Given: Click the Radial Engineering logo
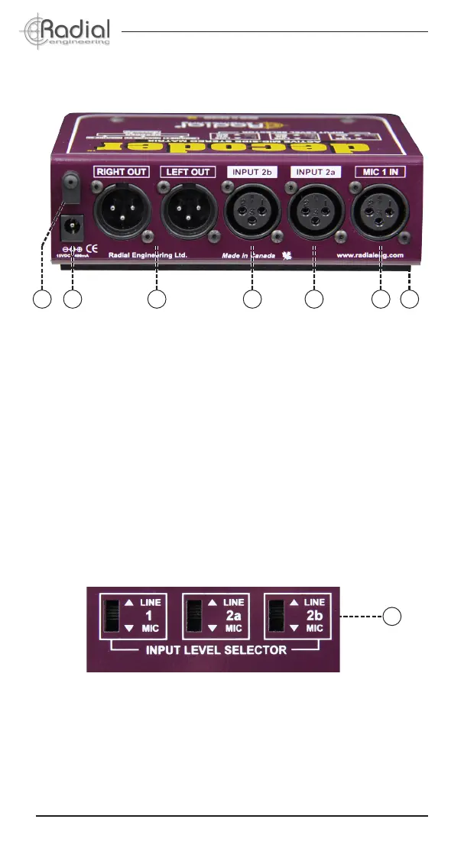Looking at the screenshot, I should pyautogui.click(x=66, y=31).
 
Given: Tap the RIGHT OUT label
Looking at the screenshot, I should pyautogui.click(x=122, y=173).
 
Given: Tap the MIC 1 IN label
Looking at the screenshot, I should pyautogui.click(x=380, y=173).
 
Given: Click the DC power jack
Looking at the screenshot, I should pyautogui.click(x=73, y=226).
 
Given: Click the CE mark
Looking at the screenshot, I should pyautogui.click(x=91, y=248).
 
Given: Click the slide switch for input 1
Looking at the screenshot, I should pyautogui.click(x=113, y=617).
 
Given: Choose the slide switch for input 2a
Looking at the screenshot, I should pyautogui.click(x=195, y=617).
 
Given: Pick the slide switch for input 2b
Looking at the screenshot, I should pyautogui.click(x=277, y=617).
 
